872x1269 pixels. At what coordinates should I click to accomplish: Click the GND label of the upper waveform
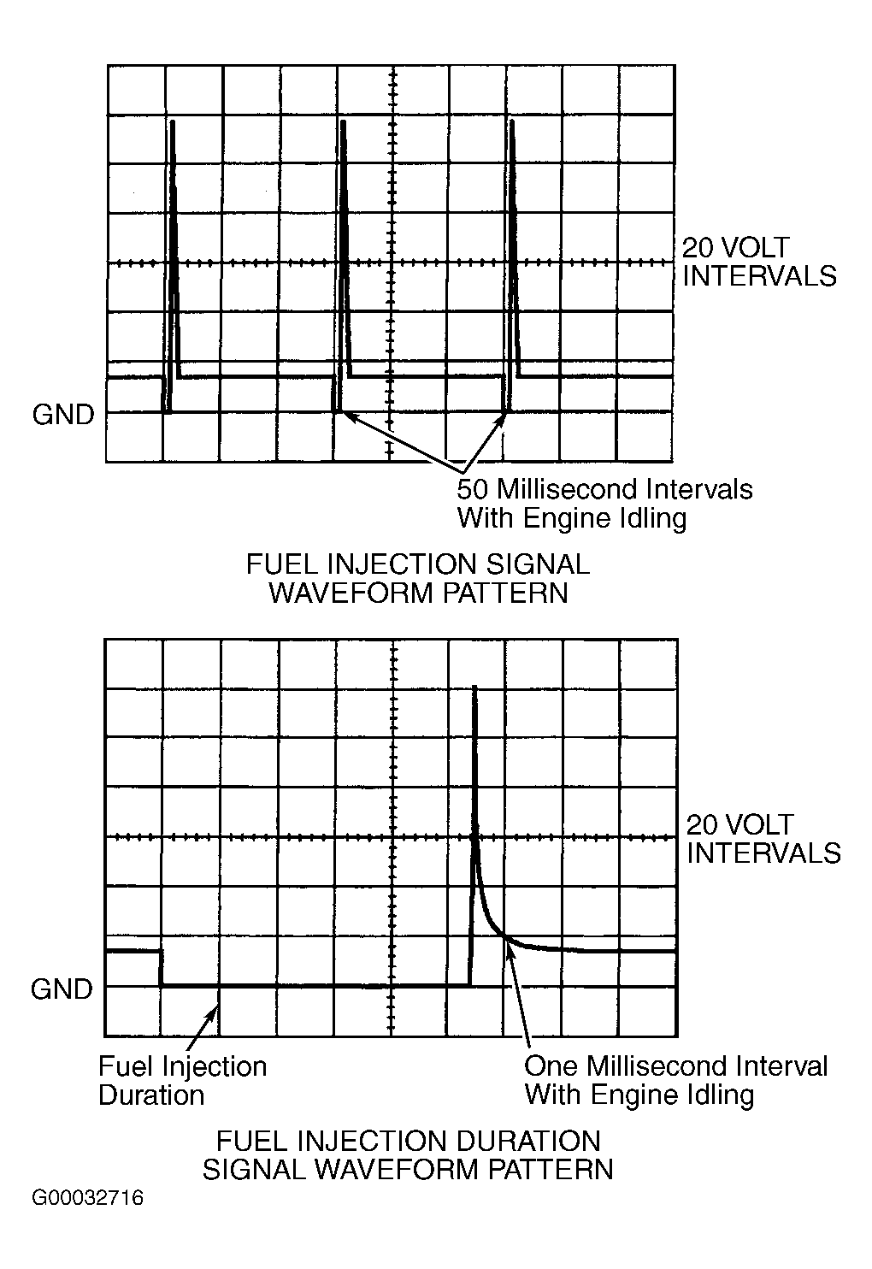62,415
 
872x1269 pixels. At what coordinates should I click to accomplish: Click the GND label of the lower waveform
61,989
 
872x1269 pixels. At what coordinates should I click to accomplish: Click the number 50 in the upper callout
473,489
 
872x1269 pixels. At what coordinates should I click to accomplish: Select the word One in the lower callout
551,1065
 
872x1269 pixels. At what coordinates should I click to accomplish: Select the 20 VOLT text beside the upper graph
735,248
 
